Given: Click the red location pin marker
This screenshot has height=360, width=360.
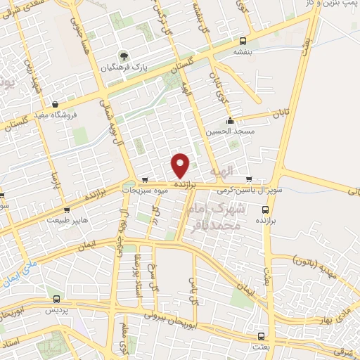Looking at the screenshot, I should [x=181, y=165].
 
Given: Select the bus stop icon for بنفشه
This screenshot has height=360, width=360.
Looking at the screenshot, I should [x=243, y=40].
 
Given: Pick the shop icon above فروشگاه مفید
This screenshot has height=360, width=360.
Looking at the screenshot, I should [x=65, y=104].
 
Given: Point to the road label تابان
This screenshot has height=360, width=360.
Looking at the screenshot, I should [x=281, y=112].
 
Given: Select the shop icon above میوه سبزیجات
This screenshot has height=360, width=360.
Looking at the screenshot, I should [x=145, y=179].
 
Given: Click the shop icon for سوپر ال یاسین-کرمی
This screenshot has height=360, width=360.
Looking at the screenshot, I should [x=249, y=179].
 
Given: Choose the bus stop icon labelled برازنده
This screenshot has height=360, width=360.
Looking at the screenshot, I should [x=265, y=209].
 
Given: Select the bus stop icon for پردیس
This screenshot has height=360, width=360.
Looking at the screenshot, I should [x=49, y=299].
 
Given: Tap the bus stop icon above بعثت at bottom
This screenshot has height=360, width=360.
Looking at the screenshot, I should [x=261, y=336].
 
